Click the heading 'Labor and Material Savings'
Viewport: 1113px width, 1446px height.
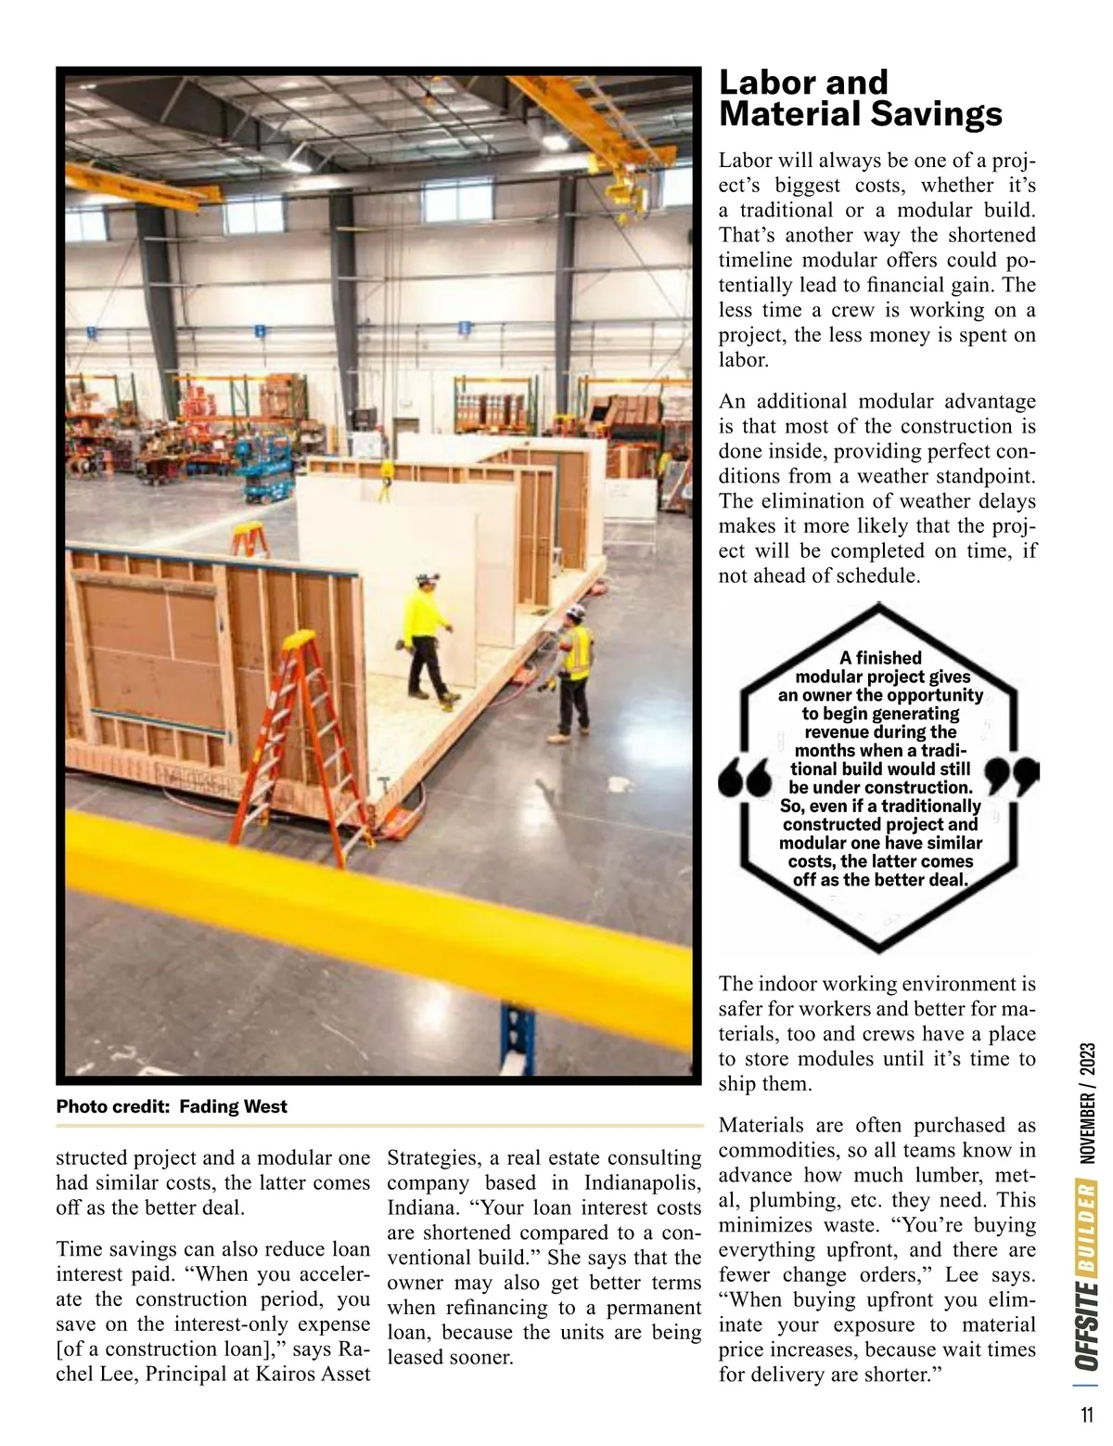pos(860,98)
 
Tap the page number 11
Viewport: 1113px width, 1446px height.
pos(1086,1415)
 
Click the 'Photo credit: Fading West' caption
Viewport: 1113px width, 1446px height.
pos(172,1106)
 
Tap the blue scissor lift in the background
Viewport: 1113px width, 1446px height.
pos(265,478)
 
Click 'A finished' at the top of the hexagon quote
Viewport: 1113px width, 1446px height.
pos(880,658)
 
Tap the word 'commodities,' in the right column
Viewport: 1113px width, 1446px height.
pos(771,1151)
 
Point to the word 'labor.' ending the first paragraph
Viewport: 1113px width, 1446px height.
pos(744,360)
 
